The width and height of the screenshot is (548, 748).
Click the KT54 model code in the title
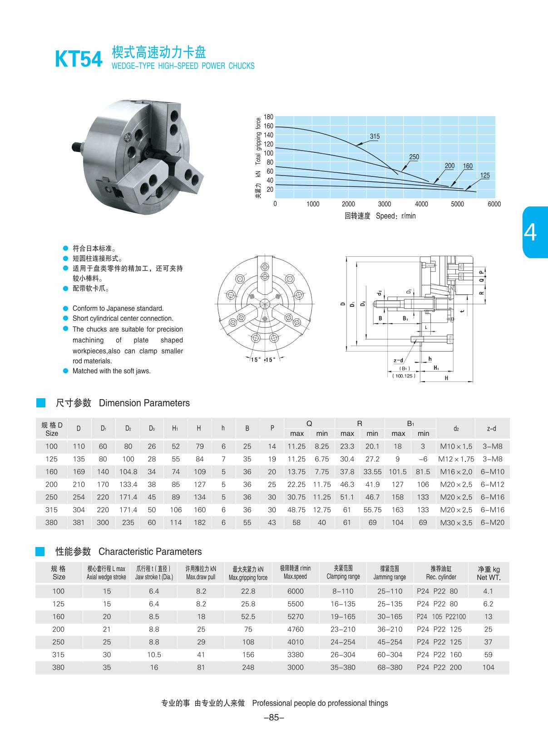(x=79, y=59)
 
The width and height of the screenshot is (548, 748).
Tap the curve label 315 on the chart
(x=375, y=137)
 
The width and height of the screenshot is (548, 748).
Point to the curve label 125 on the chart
(x=485, y=176)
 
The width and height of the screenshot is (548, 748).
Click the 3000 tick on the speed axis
(x=385, y=204)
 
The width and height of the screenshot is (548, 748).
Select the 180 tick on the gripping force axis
(x=268, y=117)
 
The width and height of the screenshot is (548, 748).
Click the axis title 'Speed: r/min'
(x=395, y=216)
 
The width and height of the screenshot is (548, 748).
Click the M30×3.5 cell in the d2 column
(x=456, y=523)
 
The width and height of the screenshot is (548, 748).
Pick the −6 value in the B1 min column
(x=423, y=459)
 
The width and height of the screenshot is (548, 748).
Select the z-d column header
(x=491, y=429)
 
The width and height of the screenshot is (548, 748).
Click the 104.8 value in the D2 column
(x=128, y=472)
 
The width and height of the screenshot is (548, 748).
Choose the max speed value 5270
(x=295, y=616)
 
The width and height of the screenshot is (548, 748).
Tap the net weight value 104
(x=488, y=667)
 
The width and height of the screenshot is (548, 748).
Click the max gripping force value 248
(x=248, y=667)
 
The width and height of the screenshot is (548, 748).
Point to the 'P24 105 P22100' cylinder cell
(x=441, y=616)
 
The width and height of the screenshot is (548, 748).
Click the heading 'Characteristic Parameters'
(x=150, y=552)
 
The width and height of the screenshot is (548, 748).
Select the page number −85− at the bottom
(x=274, y=718)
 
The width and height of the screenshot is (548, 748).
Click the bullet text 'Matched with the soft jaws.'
(x=112, y=371)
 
